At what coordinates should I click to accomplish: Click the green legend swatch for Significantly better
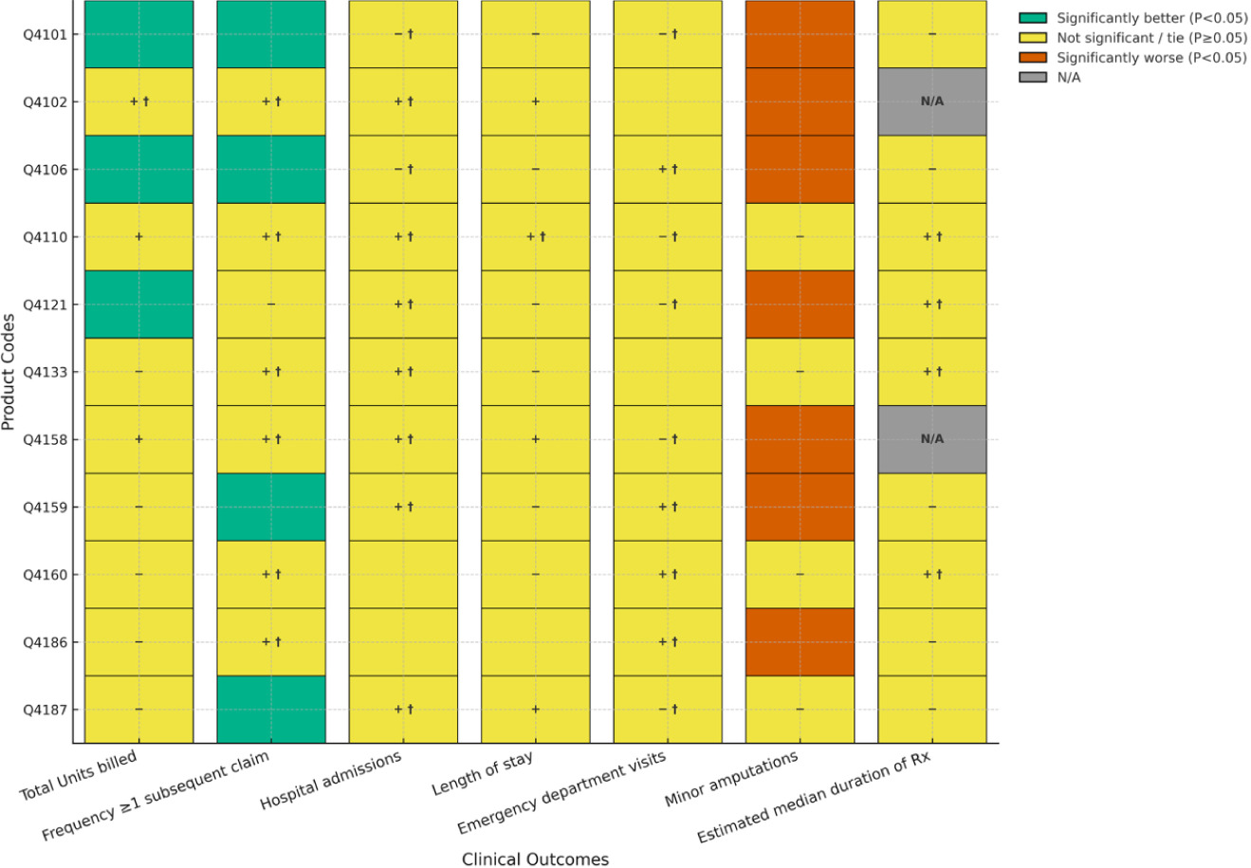(x=1032, y=18)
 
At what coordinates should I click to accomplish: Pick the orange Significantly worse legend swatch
(x=1032, y=58)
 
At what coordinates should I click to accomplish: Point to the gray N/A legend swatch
(x=1032, y=78)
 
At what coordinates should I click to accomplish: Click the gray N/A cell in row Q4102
(x=931, y=102)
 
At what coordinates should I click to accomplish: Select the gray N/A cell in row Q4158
(x=931, y=439)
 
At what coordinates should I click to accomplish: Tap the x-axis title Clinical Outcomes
(x=535, y=859)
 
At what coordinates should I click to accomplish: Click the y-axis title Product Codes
(x=9, y=372)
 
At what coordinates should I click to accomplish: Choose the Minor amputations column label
(x=731, y=779)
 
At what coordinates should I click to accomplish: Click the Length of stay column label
(x=482, y=774)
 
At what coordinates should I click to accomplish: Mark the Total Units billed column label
(x=79, y=776)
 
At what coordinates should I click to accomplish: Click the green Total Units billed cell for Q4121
(x=138, y=305)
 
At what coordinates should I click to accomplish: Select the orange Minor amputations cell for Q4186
(x=800, y=642)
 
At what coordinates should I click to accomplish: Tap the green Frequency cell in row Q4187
(x=271, y=710)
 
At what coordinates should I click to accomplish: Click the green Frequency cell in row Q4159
(x=271, y=507)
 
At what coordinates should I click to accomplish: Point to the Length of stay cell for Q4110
(x=536, y=237)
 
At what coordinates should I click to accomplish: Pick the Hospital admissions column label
(x=331, y=781)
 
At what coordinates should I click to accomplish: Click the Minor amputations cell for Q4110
(x=800, y=237)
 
